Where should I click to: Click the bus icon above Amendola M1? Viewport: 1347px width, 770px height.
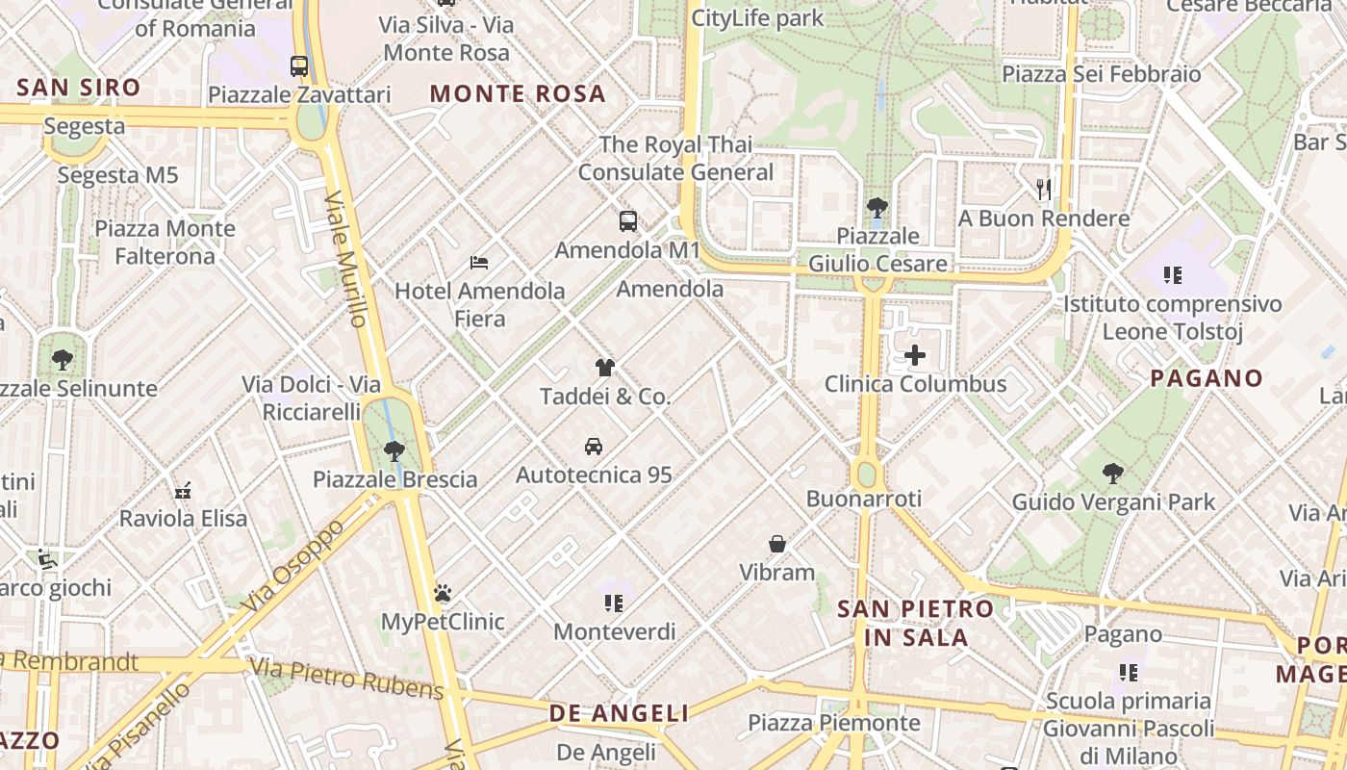628,221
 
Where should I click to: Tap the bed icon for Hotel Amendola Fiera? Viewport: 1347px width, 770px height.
479,262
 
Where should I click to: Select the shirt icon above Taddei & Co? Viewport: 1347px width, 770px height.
605,368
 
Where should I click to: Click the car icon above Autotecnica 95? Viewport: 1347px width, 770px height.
594,447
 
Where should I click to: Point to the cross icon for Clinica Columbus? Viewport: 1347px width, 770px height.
914,355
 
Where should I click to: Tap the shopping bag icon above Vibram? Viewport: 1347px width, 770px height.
777,544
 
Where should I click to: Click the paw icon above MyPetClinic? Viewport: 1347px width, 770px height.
443,593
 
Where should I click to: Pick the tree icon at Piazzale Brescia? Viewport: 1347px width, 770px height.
394,450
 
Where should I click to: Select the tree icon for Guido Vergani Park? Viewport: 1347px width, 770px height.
1113,473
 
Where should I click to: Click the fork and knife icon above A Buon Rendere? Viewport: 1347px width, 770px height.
1044,189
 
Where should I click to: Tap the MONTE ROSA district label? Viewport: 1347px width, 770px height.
518,93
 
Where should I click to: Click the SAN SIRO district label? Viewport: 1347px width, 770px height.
79,88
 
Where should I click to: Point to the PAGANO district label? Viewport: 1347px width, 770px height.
1207,378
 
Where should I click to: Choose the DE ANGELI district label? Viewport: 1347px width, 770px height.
619,713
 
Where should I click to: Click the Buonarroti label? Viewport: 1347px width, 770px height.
864,499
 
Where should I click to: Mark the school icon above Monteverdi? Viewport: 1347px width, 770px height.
615,603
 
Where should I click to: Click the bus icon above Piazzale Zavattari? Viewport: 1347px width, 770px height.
299,66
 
